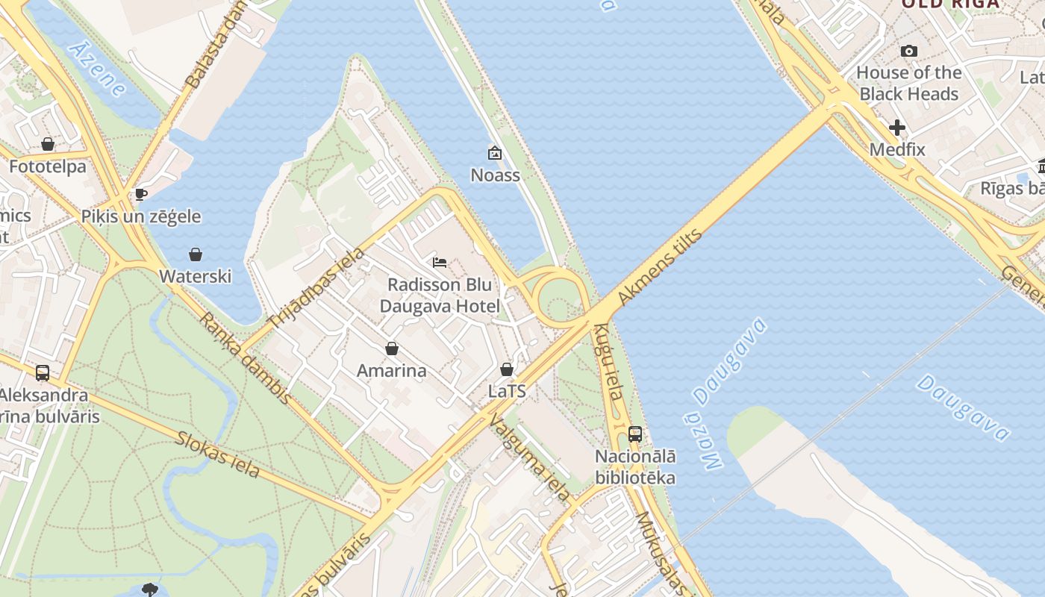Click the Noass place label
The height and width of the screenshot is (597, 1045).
click(495, 175)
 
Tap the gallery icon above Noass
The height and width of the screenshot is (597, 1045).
click(494, 153)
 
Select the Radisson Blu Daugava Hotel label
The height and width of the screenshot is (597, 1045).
click(440, 296)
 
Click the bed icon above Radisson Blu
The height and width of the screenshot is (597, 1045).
click(440, 263)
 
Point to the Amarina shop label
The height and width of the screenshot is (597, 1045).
click(392, 370)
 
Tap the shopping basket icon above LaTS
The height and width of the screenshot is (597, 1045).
click(507, 369)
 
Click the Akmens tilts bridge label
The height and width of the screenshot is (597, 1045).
click(661, 267)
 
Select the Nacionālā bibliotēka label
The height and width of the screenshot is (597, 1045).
click(635, 467)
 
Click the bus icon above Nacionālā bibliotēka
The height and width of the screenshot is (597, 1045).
click(635, 434)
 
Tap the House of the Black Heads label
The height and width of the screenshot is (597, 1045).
click(908, 83)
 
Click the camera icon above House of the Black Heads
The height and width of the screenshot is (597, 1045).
click(908, 51)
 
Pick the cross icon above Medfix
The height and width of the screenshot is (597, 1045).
click(897, 128)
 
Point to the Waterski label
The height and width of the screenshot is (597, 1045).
click(196, 276)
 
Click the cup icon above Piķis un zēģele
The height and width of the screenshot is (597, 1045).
click(140, 195)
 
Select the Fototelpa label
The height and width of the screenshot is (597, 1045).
click(48, 166)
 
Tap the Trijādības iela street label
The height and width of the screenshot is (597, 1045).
click(316, 287)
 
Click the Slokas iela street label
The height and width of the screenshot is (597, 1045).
click(218, 454)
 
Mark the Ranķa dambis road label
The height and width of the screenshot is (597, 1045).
click(246, 358)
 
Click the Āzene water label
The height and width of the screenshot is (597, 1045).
click(97, 69)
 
